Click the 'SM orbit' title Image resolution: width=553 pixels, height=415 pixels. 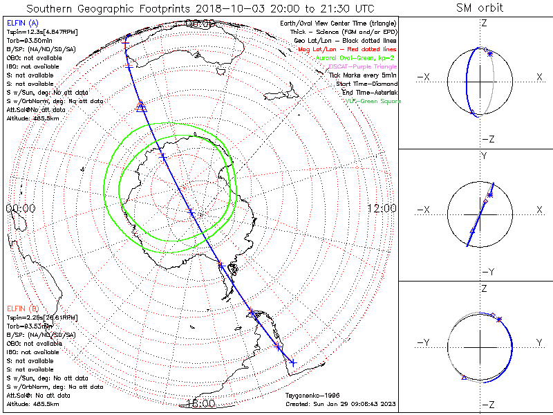coord(480,8)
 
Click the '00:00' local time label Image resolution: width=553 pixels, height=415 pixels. coord(20,207)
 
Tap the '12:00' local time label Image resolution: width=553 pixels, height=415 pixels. coord(382,207)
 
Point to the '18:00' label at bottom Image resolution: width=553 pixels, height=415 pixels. coord(200,403)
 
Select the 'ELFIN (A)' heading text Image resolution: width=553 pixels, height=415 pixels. coord(24,24)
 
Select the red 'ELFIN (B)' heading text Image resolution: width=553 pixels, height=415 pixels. coord(24,308)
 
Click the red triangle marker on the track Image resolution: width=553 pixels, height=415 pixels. coord(141,106)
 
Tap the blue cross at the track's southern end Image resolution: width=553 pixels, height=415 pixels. coord(292,362)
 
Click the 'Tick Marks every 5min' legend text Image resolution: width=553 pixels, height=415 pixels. coord(367,75)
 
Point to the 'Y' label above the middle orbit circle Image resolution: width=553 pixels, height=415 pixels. coord(484,156)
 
